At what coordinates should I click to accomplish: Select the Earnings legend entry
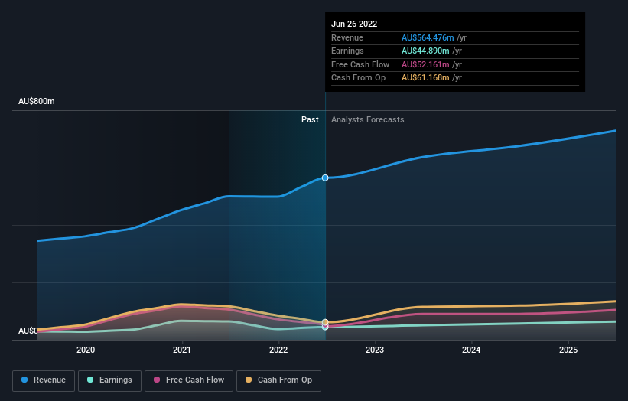point(109,380)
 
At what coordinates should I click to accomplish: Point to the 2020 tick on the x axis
point(86,350)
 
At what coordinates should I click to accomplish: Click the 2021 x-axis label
point(182,350)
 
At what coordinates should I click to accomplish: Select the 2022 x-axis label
point(278,350)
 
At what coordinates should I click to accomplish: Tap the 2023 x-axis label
point(375,350)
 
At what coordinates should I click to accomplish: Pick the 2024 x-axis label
point(471,350)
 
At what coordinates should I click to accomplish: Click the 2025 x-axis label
point(568,350)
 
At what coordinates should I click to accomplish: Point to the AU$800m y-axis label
point(37,101)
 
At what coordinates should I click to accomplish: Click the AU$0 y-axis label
point(28,331)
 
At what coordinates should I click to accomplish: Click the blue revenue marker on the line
point(325,178)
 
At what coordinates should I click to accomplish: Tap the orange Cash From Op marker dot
point(325,322)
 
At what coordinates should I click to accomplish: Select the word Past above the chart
point(310,119)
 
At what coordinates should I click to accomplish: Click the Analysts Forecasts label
point(367,119)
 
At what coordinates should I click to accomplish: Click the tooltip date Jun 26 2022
point(354,24)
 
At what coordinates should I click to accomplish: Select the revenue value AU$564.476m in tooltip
point(428,37)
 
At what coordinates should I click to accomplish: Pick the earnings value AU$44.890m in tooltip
point(425,51)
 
